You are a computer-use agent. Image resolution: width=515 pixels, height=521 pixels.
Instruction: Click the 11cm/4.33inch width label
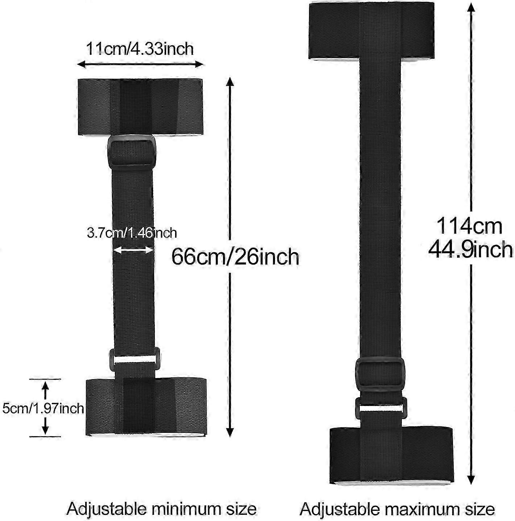tap(140, 49)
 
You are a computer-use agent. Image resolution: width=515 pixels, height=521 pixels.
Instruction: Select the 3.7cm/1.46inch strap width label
tap(132, 233)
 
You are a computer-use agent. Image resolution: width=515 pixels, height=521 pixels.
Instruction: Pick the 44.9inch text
tap(470, 250)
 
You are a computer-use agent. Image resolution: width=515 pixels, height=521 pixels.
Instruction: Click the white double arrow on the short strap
tap(133, 250)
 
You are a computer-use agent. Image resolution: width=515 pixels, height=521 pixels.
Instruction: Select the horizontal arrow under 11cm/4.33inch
tap(140, 64)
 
